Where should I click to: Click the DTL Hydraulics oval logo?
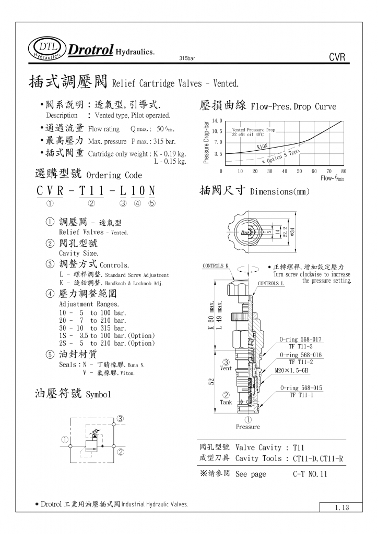47,48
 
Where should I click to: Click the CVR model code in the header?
338,57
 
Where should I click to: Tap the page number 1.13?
338,507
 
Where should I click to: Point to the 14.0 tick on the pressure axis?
217,121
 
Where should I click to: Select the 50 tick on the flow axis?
300,171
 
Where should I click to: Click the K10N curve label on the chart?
263,147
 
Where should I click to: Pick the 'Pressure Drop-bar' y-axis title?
206,142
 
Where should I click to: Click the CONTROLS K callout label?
216,266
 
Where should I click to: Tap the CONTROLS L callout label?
271,284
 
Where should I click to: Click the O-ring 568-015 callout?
301,388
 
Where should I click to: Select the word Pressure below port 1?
247,427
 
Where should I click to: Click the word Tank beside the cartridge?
226,402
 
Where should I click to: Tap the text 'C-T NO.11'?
310,474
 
